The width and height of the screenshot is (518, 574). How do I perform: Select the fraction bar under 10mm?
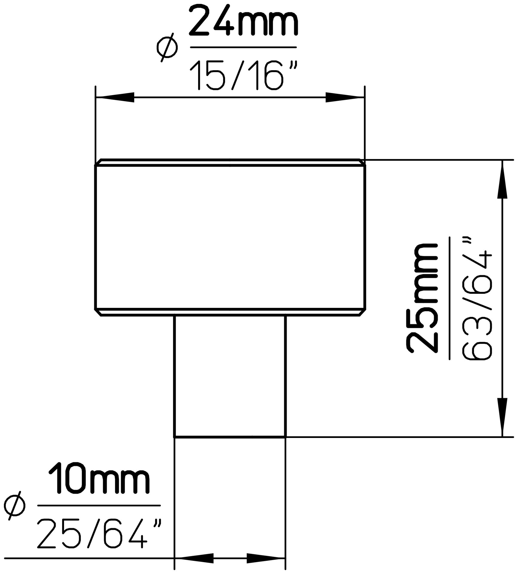click(x=99, y=506)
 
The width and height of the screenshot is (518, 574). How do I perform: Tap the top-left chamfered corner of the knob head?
click(x=98, y=162)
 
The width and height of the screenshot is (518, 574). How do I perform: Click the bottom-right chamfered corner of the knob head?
click(x=362, y=313)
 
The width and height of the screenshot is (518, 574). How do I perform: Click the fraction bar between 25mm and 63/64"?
click(x=450, y=299)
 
